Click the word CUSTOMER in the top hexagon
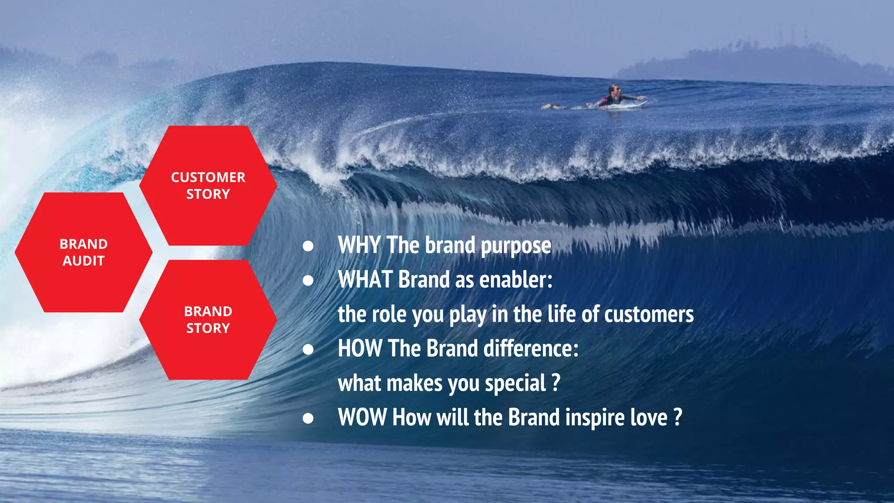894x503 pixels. click(208, 177)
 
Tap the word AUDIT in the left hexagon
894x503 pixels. click(83, 261)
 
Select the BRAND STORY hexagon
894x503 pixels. click(208, 320)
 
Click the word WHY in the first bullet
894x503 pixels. click(359, 245)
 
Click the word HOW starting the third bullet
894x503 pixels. click(360, 348)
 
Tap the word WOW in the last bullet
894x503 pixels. click(362, 417)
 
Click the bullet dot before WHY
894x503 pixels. click(308, 246)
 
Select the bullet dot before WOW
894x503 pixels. click(308, 418)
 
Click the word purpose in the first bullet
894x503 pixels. click(516, 246)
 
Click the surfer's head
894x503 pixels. click(615, 89)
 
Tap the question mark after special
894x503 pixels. click(555, 382)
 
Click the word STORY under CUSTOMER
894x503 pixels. click(208, 194)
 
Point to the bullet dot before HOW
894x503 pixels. click(308, 349)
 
